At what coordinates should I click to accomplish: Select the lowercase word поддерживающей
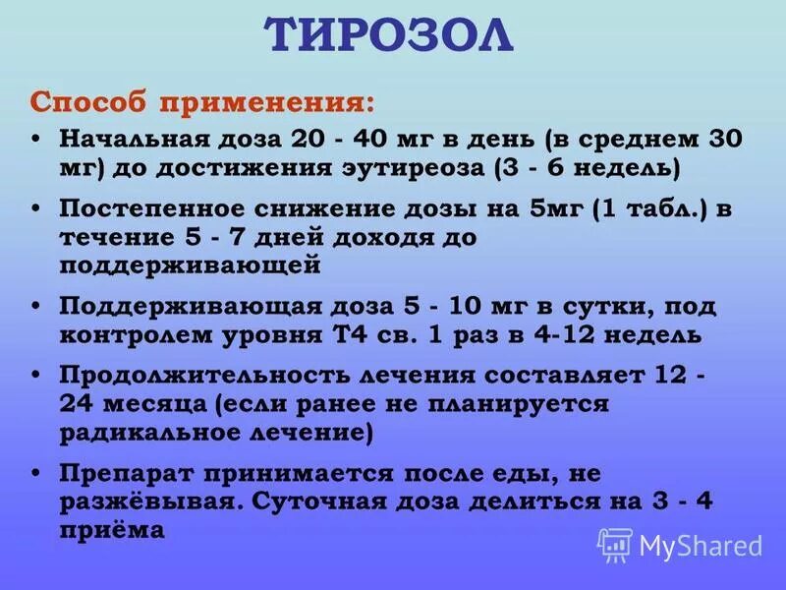click(191, 264)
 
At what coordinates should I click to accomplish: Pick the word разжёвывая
click(145, 501)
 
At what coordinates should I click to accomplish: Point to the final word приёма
click(108, 528)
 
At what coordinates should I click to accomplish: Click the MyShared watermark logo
click(680, 544)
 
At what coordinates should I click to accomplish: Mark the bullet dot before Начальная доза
click(36, 140)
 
